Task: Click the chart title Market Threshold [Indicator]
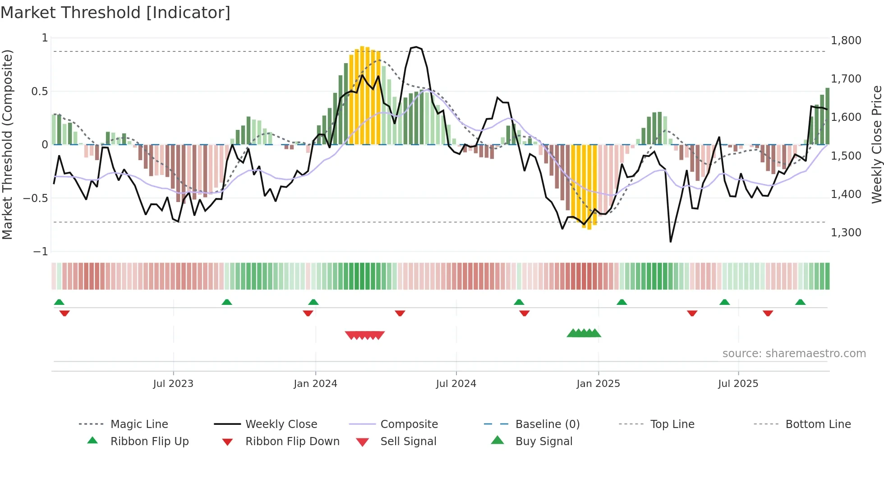pos(115,13)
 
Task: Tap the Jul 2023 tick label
pos(173,384)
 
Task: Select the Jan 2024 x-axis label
pos(315,384)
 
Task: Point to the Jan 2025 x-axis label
pos(598,384)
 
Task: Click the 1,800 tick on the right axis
pos(846,41)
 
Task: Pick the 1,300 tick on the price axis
pos(846,233)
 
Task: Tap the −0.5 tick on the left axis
pos(36,198)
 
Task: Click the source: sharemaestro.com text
pos(794,354)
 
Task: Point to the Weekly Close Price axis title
pos(876,144)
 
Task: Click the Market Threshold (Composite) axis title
pos(7,144)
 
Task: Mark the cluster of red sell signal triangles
pos(364,335)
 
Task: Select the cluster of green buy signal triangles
pos(584,333)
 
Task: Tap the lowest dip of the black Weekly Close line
pos(671,242)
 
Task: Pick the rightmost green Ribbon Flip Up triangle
pos(800,302)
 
